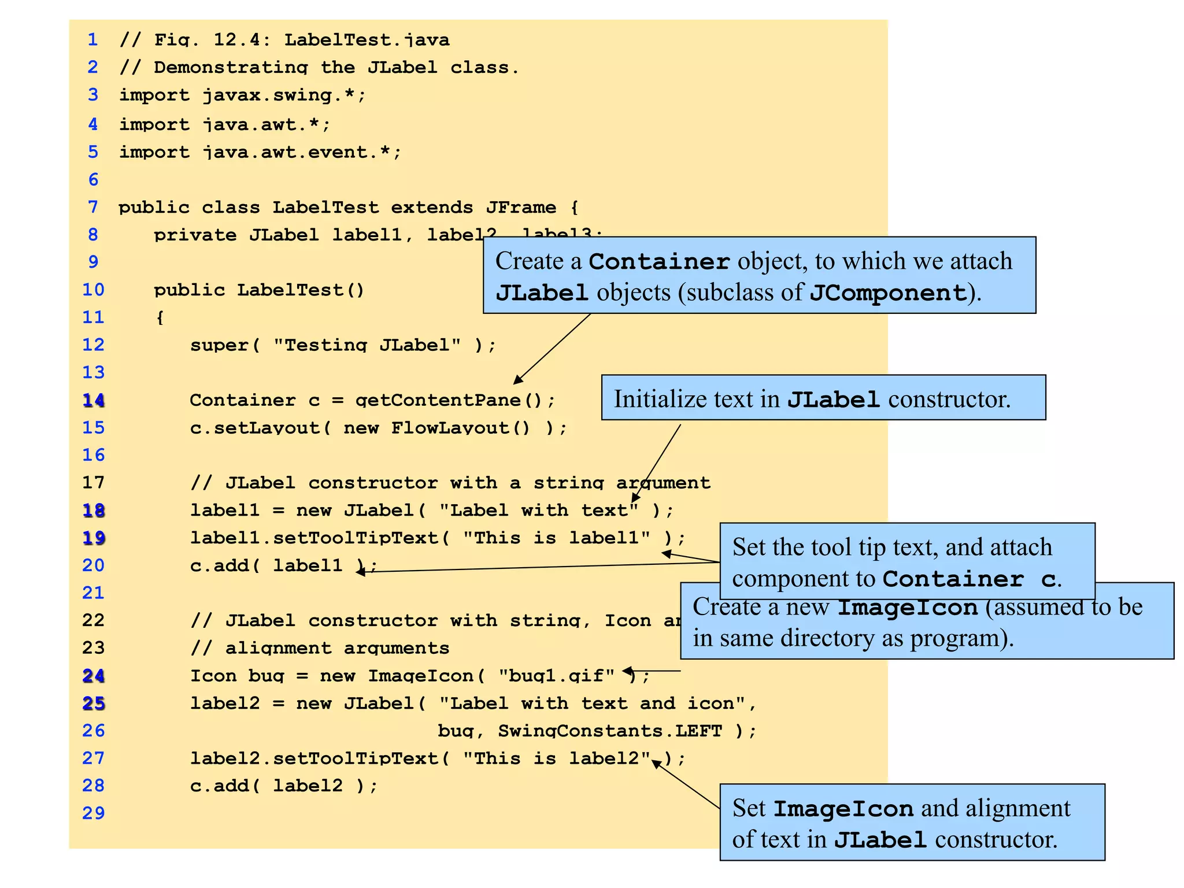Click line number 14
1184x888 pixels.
click(93, 400)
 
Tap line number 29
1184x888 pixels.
click(93, 813)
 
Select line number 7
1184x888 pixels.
click(92, 207)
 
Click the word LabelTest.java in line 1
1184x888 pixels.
click(367, 40)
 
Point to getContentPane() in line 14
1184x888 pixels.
click(455, 400)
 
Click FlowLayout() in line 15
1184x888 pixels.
click(460, 428)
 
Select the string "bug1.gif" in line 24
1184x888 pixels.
click(557, 675)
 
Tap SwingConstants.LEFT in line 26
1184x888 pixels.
click(610, 731)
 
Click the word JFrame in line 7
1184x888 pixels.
click(521, 207)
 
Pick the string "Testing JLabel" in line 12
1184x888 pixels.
click(367, 345)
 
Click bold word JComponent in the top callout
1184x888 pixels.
click(888, 293)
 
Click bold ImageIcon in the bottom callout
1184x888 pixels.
click(843, 809)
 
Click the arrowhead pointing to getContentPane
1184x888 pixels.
click(517, 379)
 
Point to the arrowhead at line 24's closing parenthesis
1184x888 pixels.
click(627, 671)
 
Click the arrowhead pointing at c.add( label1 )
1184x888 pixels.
click(360, 572)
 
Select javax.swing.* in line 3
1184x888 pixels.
click(284, 95)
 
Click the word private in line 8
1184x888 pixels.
click(195, 235)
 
